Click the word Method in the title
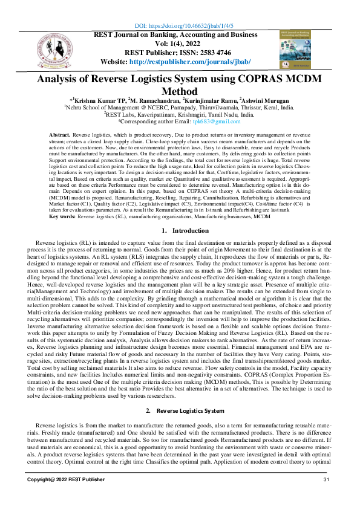[180, 91]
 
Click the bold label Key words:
[62, 216]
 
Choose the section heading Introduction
[191, 231]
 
